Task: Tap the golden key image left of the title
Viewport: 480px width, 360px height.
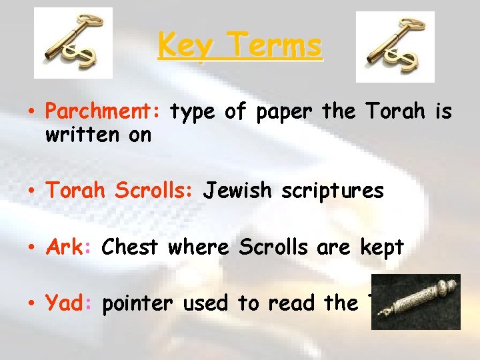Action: (73, 43)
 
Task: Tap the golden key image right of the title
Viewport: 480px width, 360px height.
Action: (395, 47)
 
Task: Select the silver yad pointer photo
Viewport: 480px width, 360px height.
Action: (415, 302)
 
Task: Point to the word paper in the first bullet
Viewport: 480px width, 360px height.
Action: (283, 113)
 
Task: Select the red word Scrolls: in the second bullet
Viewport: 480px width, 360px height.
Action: (154, 191)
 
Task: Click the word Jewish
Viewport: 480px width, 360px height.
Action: (237, 191)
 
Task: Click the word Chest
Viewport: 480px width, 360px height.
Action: (129, 247)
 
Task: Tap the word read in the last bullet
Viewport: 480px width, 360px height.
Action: (293, 303)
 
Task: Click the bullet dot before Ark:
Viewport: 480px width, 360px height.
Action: (34, 248)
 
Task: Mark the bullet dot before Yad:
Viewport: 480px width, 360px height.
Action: (34, 304)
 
